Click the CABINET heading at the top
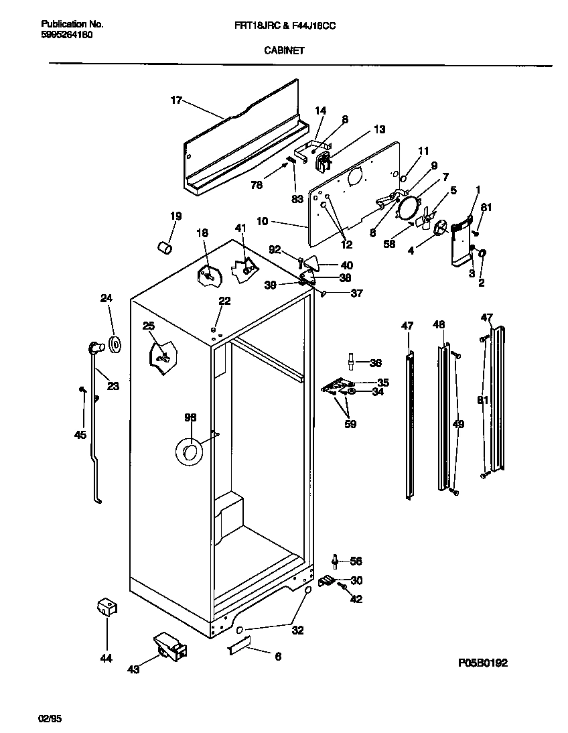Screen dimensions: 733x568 pos(284,50)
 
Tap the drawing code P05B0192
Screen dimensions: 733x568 pos(482,663)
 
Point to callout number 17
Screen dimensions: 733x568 pos(176,101)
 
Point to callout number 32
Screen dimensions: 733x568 pos(297,629)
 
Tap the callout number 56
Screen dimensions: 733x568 pos(356,561)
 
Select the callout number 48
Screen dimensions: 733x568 pos(439,325)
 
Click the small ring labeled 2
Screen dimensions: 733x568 pos(484,253)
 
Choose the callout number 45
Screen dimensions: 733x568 pos(80,435)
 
